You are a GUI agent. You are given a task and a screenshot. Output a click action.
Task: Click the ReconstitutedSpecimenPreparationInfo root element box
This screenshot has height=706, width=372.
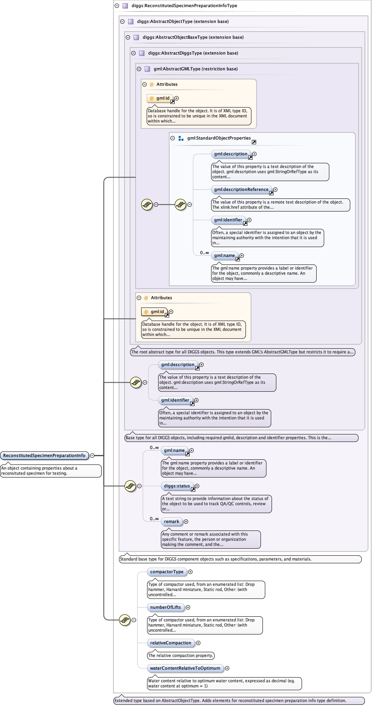pos(44,455)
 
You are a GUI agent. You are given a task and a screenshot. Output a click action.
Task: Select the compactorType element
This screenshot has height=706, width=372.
pos(166,572)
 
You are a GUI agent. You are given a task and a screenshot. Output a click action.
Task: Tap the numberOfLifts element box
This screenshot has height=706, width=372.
pos(165,607)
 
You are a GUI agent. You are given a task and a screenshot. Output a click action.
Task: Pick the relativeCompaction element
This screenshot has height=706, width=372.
pos(170,643)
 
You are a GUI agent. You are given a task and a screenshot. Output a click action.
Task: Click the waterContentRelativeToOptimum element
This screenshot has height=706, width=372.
pos(185,668)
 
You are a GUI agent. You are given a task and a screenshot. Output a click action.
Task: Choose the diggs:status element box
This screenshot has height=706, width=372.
pos(177,486)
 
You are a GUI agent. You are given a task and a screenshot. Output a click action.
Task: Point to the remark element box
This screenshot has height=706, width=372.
pos(172,521)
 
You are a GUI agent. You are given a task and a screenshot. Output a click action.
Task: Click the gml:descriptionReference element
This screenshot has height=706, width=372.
pos(241,189)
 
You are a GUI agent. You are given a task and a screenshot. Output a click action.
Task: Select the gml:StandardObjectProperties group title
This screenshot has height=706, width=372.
pos(219,138)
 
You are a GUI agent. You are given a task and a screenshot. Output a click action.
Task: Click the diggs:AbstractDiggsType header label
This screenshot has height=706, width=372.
pos(193,53)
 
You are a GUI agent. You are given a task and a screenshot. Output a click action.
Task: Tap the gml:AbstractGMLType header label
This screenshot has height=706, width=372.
pos(196,69)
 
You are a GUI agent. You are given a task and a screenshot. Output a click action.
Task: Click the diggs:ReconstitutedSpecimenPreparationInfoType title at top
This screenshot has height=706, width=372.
pos(184,6)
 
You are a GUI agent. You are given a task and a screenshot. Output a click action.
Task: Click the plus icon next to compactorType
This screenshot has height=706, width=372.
pos(190,572)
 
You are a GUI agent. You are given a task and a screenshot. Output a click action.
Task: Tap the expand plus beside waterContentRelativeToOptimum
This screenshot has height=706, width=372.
pos(227,668)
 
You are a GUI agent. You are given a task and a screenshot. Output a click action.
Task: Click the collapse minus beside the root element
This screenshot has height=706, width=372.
pos(92,455)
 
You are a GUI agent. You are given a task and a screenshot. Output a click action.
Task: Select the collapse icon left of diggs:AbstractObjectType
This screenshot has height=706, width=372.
pos(123,21)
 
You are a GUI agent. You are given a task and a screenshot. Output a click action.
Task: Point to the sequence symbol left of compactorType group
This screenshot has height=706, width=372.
pos(125,620)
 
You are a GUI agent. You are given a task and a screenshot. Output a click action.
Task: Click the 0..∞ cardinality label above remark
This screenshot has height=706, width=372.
pos(154,519)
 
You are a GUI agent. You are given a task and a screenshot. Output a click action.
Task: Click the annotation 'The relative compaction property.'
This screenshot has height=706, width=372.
pos(181,655)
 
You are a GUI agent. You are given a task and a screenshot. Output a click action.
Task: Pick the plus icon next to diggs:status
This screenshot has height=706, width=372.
pos(197,486)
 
